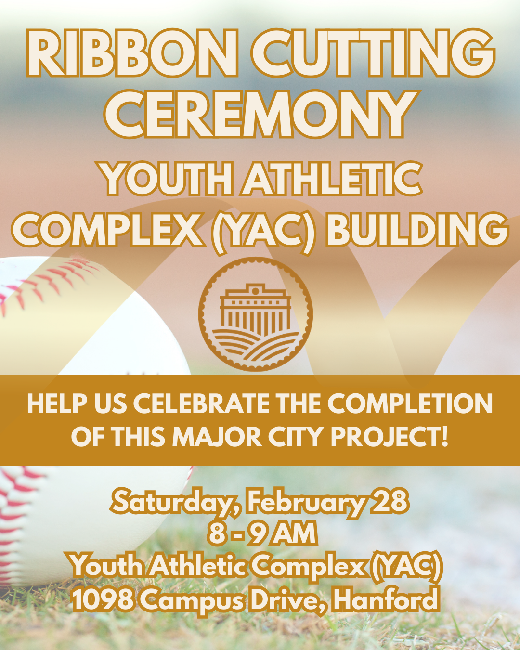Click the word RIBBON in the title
pyautogui.click(x=132, y=53)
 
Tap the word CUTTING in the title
pyautogui.click(x=373, y=53)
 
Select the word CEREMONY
pyautogui.click(x=260, y=115)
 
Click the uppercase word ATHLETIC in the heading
pyautogui.click(x=332, y=179)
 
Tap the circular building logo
pyautogui.click(x=256, y=314)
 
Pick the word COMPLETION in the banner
pyautogui.click(x=410, y=403)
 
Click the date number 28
pyautogui.click(x=390, y=502)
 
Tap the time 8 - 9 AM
pyautogui.click(x=262, y=533)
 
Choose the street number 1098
pyautogui.click(x=103, y=600)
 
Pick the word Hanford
pyautogui.click(x=386, y=600)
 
